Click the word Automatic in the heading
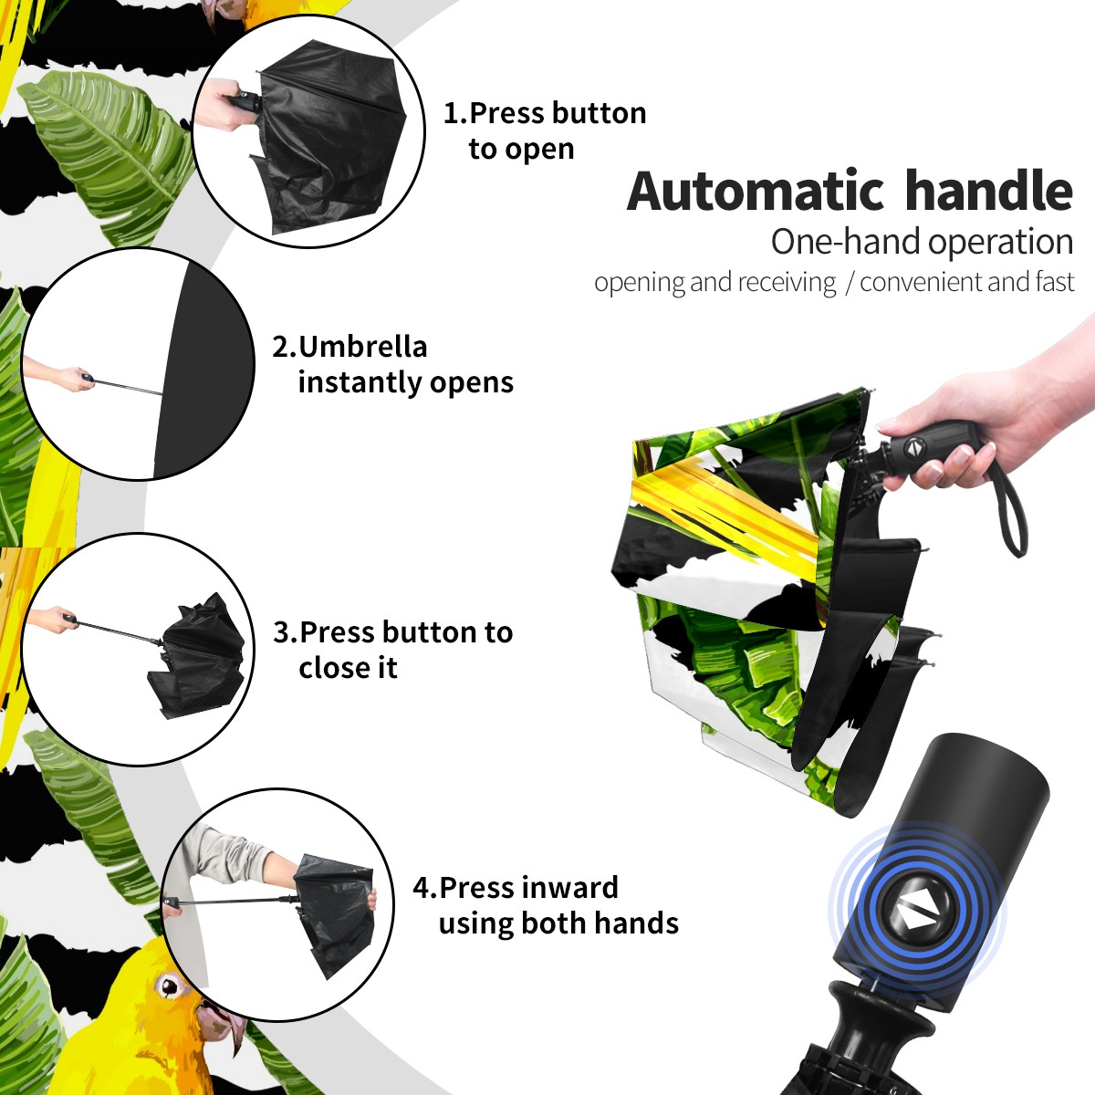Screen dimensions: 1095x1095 (756, 192)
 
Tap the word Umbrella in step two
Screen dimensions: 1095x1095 (363, 347)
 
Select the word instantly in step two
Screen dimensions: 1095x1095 (360, 381)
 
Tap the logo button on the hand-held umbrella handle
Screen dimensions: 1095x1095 (913, 447)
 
